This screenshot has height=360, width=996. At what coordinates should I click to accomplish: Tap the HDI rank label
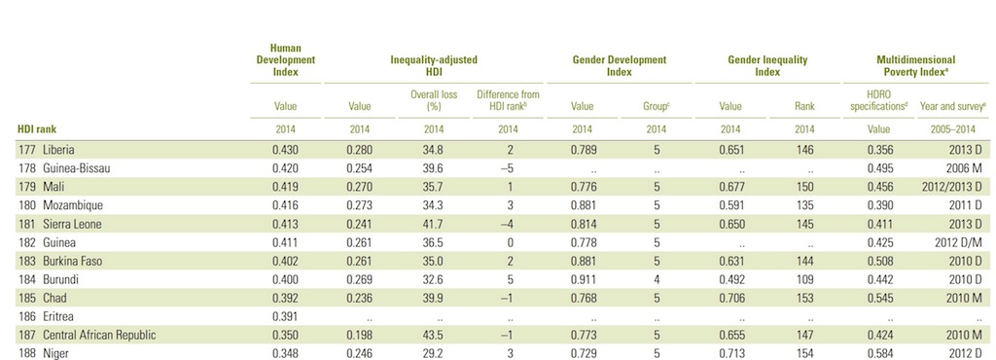click(38, 127)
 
